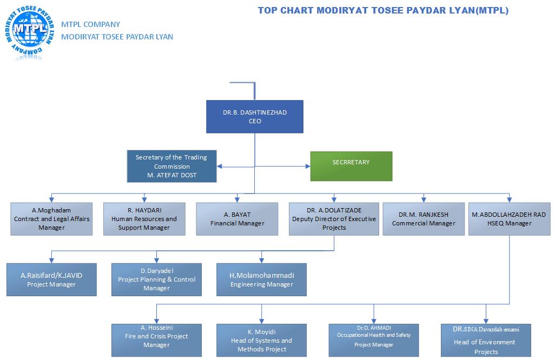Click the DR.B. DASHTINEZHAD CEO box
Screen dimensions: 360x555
coord(254,116)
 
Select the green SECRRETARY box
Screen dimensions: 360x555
coord(351,166)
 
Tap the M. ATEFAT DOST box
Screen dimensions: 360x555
coord(171,166)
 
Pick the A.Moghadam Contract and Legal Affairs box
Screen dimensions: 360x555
coord(51,218)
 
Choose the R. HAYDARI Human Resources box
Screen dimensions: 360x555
coord(144,218)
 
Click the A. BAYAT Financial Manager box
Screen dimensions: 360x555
coord(237,218)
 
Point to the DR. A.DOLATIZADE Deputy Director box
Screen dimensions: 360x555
coord(334,218)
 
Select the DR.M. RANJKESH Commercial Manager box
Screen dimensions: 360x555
coord(424,218)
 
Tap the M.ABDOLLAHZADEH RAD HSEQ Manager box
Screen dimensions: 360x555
coord(508,218)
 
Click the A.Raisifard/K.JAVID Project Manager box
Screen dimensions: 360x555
coord(51,279)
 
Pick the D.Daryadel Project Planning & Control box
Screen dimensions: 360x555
coord(156,279)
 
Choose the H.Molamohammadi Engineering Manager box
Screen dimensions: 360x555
coord(261,279)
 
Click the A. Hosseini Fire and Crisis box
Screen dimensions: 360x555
coord(156,340)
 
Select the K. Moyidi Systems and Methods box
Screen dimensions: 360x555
coord(261,340)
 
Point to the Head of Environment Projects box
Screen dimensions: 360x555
coord(486,340)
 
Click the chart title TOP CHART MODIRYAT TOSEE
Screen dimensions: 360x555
coord(382,10)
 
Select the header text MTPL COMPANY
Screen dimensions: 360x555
coord(91,24)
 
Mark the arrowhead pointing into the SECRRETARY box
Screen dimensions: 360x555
coord(307,166)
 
